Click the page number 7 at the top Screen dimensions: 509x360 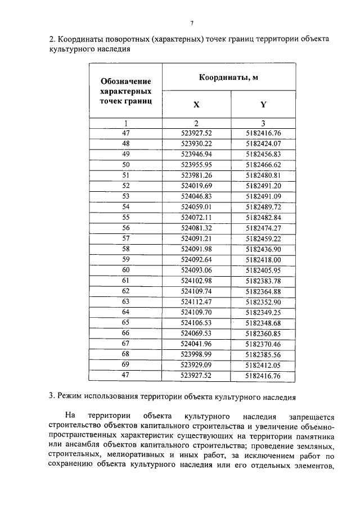click(192, 23)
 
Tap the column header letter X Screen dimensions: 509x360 click(196, 105)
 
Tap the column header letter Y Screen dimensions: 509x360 click(263, 105)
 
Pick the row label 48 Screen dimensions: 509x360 click(125, 143)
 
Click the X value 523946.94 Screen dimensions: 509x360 click(196, 154)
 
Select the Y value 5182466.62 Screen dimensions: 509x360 click(263, 164)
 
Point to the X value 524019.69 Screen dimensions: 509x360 click(196, 185)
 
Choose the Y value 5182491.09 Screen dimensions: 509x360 click(263, 196)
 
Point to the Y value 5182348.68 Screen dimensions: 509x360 click(263, 322)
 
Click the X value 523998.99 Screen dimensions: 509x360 click(196, 354)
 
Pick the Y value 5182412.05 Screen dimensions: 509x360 click(263, 364)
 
